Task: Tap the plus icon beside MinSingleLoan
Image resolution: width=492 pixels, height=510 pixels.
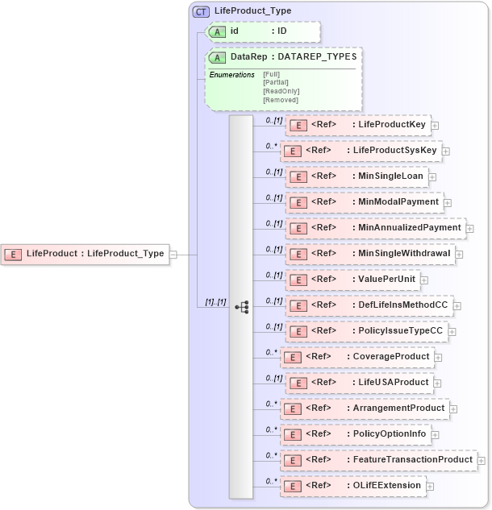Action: click(432, 176)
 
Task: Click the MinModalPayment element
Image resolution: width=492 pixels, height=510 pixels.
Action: click(364, 202)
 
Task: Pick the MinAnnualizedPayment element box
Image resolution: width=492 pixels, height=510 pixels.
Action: click(374, 228)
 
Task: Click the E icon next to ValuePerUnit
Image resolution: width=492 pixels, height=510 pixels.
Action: click(298, 280)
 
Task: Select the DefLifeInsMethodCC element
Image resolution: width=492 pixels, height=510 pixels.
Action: click(371, 305)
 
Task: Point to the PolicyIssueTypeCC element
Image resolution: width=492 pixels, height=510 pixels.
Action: click(366, 331)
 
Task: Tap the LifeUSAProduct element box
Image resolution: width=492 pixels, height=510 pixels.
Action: click(360, 383)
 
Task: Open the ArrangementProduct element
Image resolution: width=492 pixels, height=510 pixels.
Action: click(365, 408)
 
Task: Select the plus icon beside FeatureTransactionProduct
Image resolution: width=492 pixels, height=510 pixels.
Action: click(482, 460)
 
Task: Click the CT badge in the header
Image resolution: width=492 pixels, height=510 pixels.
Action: click(201, 11)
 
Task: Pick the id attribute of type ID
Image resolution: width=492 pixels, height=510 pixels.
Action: click(263, 31)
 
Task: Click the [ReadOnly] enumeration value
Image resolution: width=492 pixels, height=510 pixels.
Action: click(281, 91)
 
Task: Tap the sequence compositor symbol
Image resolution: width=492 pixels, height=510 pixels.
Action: click(241, 307)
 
